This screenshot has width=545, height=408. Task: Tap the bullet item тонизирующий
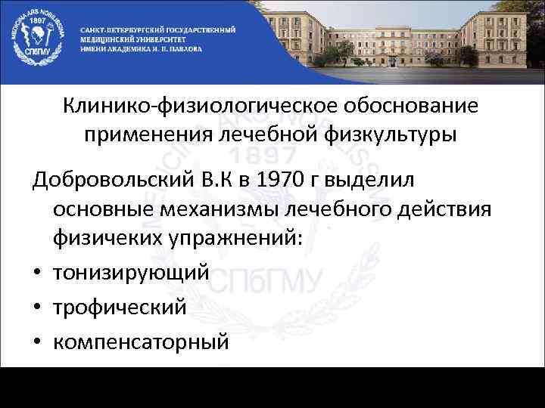(x=130, y=273)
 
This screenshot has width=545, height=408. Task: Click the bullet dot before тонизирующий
(x=36, y=273)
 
